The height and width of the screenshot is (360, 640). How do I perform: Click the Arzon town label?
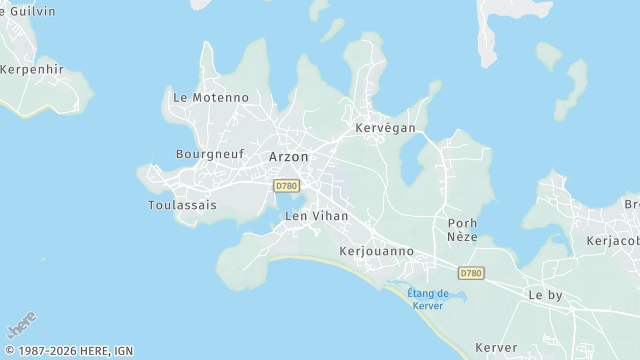[288, 157]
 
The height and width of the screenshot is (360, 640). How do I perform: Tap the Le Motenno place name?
[210, 98]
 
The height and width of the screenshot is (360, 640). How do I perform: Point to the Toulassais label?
[182, 205]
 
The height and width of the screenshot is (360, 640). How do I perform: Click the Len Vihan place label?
[317, 216]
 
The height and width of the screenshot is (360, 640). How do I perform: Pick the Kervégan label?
[385, 129]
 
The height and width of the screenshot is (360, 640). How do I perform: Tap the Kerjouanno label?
[377, 251]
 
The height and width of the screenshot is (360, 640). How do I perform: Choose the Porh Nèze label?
[462, 230]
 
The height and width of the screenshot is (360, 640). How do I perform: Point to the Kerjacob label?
[613, 241]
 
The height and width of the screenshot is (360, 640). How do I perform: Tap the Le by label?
[546, 295]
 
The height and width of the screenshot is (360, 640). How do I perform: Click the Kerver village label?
[496, 348]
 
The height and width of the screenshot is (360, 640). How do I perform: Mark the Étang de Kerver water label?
[428, 298]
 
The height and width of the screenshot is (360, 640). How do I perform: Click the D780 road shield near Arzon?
[287, 186]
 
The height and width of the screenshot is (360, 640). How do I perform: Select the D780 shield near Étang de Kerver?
[471, 273]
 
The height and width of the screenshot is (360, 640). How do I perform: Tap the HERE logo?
[21, 325]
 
